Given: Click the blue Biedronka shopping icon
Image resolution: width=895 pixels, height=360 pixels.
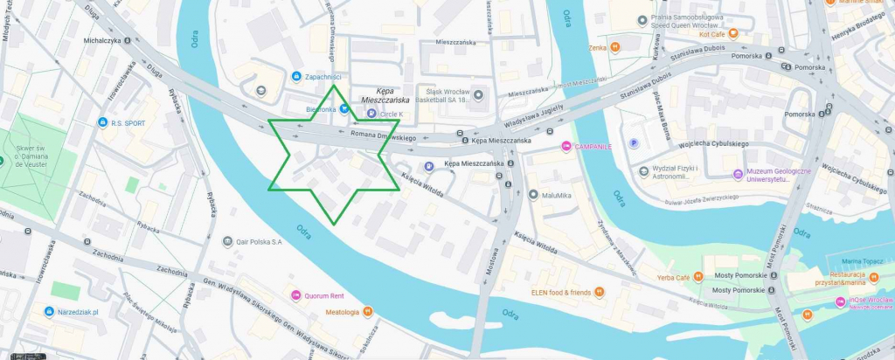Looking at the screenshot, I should click(345, 109).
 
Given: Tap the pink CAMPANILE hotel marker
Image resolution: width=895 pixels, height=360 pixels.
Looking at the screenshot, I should click(566, 145).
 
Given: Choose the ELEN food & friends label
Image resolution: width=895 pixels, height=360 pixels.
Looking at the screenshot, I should click(560, 292).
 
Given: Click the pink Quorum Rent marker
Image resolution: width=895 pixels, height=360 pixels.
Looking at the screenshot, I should click(296, 295).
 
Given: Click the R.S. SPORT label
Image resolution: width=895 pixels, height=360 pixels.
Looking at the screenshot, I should click(128, 123).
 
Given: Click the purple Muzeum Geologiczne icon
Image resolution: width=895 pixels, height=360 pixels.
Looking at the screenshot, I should click(738, 174).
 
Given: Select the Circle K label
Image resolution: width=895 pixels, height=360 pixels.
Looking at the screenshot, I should click(392, 114).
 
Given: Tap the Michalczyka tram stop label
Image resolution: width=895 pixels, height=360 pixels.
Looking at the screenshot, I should click(101, 40).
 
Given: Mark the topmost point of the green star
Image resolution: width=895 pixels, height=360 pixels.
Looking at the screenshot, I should click(333, 84).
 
